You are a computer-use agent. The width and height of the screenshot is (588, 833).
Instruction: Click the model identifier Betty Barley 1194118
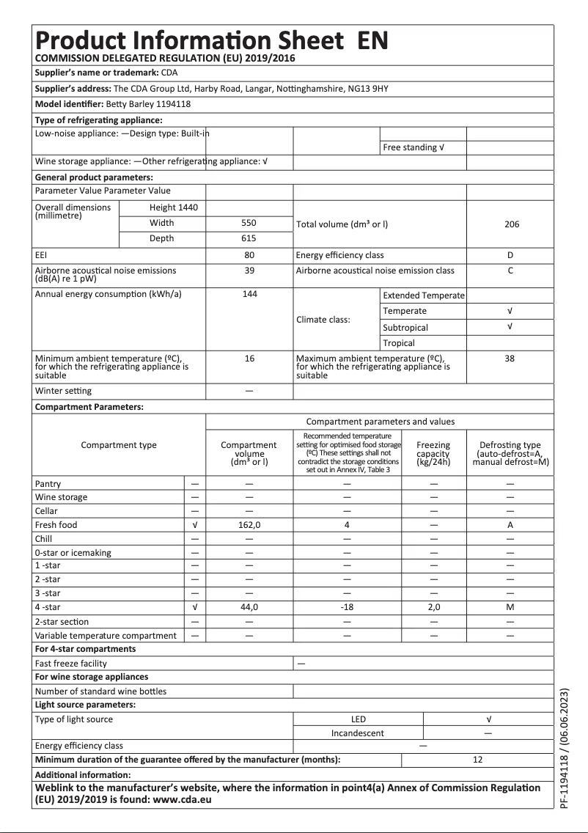coord(148,105)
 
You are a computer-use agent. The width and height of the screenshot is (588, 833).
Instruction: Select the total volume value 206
coord(511,224)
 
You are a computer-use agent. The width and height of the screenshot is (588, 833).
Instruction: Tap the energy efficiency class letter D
coord(510,255)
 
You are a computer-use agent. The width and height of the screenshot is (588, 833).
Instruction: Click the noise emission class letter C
coord(510,271)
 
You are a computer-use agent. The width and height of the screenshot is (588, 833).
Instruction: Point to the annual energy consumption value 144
coord(249,294)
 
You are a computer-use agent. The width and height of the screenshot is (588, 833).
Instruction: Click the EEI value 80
coord(249,255)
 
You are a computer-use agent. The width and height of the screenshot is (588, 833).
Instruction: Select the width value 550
coord(249,223)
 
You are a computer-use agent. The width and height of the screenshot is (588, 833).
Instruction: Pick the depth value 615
coord(249,238)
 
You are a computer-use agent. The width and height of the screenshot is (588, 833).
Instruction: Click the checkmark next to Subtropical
coord(510,327)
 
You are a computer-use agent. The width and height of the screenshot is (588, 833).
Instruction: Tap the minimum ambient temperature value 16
coord(249,359)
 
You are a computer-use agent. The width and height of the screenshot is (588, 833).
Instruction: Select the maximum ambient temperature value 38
coord(510,359)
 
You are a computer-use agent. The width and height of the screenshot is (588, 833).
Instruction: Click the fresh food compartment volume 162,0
coord(249,525)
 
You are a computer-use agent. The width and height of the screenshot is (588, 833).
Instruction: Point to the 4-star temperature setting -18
coord(348,607)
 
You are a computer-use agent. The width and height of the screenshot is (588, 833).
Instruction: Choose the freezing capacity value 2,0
coord(433,607)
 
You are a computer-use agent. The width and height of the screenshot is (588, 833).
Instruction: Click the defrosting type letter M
coord(510,607)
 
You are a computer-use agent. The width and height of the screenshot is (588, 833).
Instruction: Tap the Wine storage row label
coord(61,497)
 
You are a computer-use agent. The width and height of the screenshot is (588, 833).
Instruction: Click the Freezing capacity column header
coord(433,453)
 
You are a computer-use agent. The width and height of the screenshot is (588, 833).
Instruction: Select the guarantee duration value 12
coord(477,760)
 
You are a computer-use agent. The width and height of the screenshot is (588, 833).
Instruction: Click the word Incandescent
coord(358,733)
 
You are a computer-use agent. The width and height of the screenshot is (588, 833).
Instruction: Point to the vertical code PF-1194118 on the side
coord(564,747)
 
